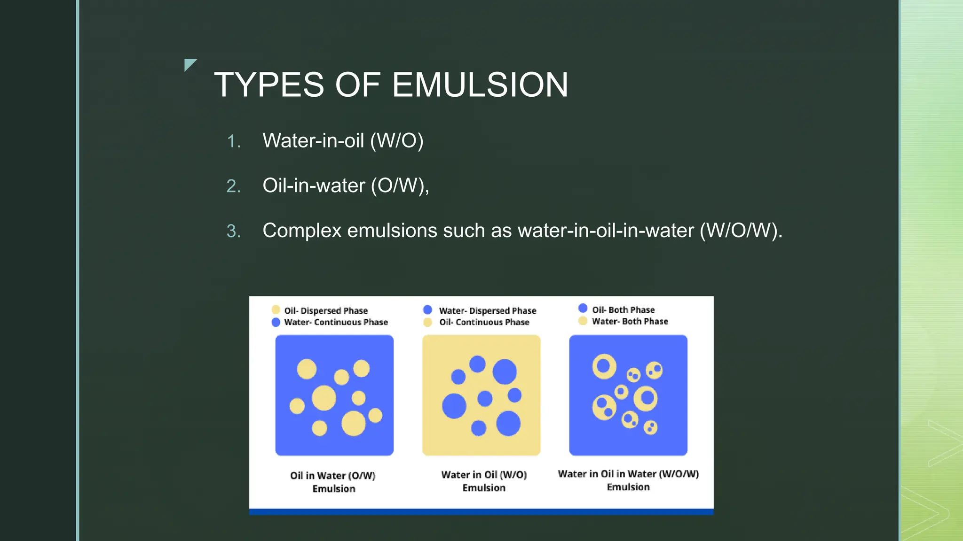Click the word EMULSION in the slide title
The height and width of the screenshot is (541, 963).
(x=480, y=85)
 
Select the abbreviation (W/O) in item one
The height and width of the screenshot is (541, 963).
(x=397, y=141)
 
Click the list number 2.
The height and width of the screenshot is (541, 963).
(x=233, y=186)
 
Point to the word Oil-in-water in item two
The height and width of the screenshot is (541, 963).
(x=314, y=185)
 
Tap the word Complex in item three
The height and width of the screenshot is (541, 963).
(x=301, y=231)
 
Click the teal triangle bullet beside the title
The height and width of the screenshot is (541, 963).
(x=189, y=64)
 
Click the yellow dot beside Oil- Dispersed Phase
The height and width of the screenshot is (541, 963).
(x=276, y=310)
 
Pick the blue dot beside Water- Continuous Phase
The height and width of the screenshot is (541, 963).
(x=276, y=322)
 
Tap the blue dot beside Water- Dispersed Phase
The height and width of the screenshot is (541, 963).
(x=427, y=310)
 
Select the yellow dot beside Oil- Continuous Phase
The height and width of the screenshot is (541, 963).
(x=427, y=322)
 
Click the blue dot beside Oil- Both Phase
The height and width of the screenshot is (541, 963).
(x=583, y=309)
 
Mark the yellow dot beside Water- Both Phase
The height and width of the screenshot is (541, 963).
(x=583, y=321)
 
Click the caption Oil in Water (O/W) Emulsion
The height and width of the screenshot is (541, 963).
(x=333, y=482)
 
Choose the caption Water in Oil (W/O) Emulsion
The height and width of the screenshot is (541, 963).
(x=484, y=481)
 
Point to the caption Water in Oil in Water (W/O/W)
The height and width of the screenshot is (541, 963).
(x=628, y=474)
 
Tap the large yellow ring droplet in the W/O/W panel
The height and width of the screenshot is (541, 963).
(x=604, y=366)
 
